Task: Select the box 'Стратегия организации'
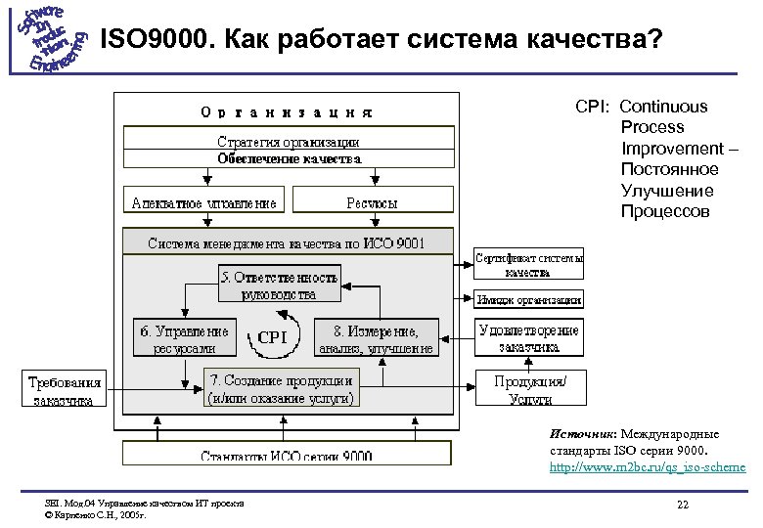(288, 143)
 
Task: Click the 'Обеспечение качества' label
(288, 158)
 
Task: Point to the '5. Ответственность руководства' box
(279, 283)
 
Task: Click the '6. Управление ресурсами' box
(186, 337)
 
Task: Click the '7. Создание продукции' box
(280, 387)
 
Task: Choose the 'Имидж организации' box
(529, 300)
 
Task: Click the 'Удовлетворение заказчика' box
(529, 337)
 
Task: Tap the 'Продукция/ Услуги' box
(529, 388)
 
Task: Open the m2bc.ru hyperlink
(647, 467)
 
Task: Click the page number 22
(682, 504)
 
